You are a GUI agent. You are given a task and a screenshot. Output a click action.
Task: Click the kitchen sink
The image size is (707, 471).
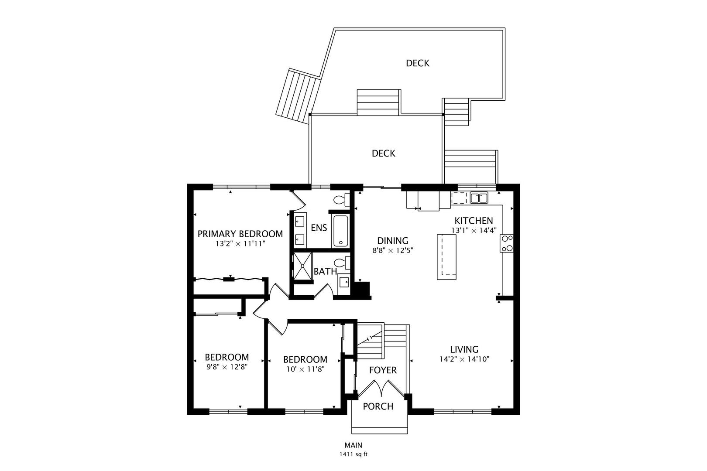pos(479,198)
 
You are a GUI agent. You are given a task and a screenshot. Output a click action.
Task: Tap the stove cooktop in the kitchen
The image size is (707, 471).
pos(507,243)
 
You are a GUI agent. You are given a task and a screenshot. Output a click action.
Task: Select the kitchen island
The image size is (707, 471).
pos(446,257)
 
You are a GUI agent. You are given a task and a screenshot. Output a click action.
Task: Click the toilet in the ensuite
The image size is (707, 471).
pos(342,200)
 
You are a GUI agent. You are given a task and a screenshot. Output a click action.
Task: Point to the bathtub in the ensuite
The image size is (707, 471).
pos(341,231)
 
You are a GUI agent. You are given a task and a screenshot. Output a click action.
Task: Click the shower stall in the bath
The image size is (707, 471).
pos(302,266)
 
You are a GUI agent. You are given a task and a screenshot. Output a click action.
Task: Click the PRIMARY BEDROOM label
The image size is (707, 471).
pos(240,234)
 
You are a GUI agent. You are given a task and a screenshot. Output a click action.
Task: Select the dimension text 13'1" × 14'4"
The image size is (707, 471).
pos(474,231)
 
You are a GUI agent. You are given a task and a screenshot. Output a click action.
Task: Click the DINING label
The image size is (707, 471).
pos(393,241)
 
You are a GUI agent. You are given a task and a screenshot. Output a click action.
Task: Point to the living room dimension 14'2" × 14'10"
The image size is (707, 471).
pos(464,359)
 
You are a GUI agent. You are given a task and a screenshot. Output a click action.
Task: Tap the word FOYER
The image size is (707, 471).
pos(383,370)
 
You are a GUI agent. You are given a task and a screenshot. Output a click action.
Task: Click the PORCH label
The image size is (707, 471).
pos(378,406)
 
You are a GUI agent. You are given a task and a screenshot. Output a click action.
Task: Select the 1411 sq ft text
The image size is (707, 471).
pos(353,454)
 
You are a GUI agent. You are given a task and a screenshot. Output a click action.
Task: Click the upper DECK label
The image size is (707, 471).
pos(418,63)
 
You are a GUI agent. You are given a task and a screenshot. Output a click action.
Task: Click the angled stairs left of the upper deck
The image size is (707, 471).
pos(298,96)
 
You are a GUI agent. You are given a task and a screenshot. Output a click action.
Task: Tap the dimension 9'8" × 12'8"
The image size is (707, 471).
pos(227,367)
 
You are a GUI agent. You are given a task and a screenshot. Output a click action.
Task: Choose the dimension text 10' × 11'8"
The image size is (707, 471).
pos(305,369)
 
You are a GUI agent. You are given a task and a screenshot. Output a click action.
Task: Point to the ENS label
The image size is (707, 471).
pos(319,228)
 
